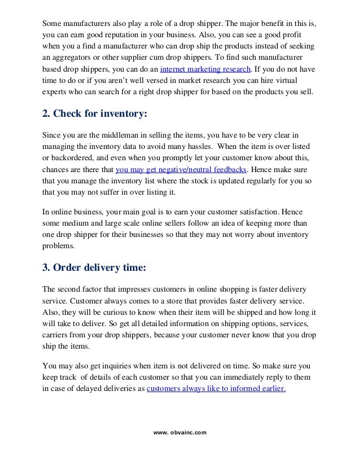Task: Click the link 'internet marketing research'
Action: coord(207,70)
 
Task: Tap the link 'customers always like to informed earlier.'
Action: coord(216,388)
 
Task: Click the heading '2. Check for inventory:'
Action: coord(95,114)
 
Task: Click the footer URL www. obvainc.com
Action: coord(180,432)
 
